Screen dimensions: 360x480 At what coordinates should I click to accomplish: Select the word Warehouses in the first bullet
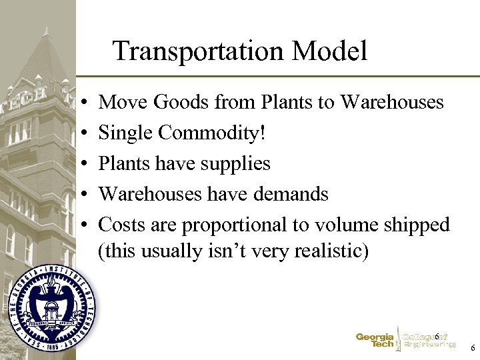391,102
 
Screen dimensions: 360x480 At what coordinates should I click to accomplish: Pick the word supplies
237,163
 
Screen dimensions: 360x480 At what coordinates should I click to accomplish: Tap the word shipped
417,225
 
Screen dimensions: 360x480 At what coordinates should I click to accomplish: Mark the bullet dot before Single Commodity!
80,134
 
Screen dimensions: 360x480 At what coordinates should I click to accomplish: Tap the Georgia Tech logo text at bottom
375,341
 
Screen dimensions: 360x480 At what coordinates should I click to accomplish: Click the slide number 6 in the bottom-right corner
472,348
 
